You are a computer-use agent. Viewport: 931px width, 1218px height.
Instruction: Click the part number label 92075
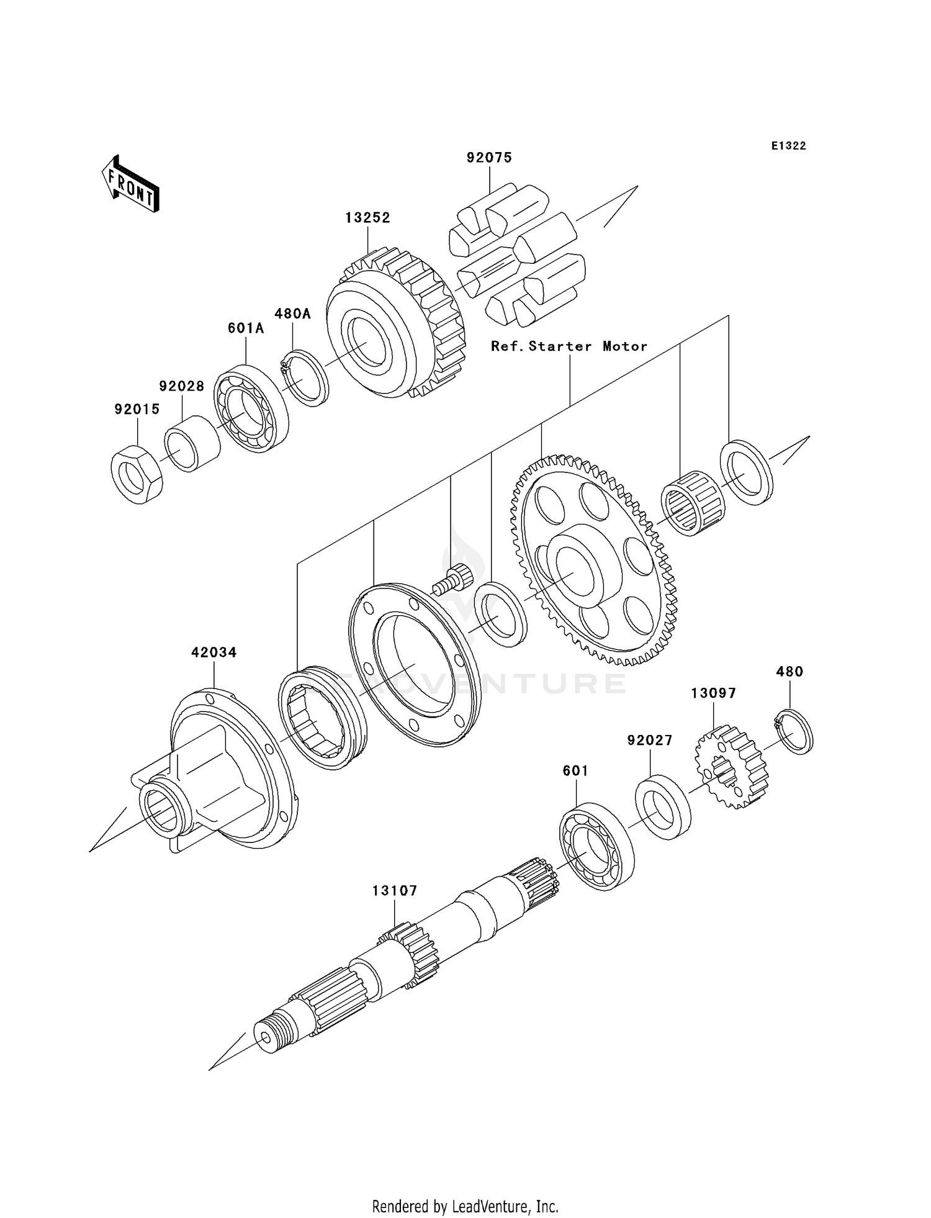tap(489, 158)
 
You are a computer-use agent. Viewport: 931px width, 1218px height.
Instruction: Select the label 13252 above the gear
tap(367, 218)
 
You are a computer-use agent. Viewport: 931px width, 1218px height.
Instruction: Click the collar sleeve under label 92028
tap(192, 443)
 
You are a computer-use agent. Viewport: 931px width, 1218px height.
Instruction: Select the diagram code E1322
tap(788, 146)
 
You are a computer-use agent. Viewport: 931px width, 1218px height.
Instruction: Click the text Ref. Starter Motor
tap(569, 346)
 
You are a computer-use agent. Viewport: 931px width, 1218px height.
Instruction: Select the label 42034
tap(214, 652)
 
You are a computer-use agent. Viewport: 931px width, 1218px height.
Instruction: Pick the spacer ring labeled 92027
tap(663, 807)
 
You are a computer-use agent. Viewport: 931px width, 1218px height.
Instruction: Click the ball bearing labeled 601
tap(596, 847)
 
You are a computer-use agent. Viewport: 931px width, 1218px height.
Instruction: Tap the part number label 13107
tap(395, 891)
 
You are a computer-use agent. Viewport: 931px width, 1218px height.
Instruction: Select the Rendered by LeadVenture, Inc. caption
tap(465, 1206)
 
